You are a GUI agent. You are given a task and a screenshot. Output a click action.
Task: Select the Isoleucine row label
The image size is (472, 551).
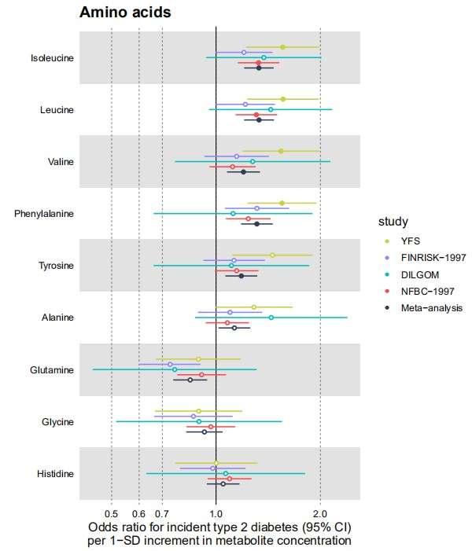pos(52,58)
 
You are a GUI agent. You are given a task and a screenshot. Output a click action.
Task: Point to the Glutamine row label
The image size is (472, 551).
pos(52,370)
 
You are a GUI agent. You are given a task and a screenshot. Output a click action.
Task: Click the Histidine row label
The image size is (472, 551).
pos(55,474)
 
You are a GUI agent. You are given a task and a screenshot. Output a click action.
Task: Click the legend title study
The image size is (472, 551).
pos(392,221)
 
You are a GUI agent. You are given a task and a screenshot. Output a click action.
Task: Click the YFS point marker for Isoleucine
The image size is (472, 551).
pos(282,47)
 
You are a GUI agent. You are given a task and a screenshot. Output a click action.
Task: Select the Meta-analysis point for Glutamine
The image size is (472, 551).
pos(190,380)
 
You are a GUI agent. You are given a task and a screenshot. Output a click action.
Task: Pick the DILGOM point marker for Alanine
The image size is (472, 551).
pos(271,318)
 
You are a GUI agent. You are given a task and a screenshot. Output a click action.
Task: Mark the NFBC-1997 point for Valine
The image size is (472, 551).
pos(232,167)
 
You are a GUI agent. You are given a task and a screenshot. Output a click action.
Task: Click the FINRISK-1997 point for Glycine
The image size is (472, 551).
pos(194,417)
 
